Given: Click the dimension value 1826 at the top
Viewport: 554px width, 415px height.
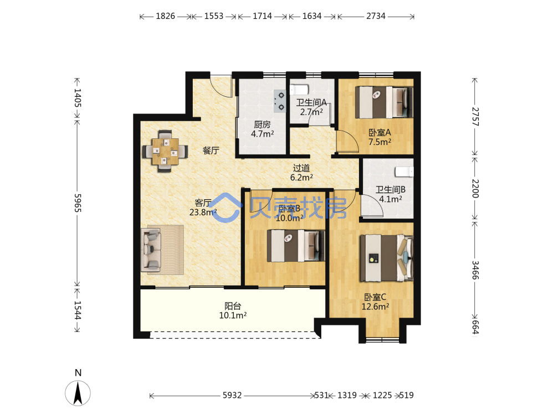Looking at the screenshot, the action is pyautogui.click(x=165, y=16).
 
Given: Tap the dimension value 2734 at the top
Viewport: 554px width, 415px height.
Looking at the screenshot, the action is pyautogui.click(x=376, y=16).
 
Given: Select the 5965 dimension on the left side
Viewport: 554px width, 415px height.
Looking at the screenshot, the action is pyautogui.click(x=78, y=203).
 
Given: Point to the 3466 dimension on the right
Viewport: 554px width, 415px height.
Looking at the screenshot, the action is pyautogui.click(x=475, y=270).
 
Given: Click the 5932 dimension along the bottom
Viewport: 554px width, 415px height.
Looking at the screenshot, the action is pyautogui.click(x=232, y=395).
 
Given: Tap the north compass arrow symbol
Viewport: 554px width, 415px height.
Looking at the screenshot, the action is pyautogui.click(x=78, y=393).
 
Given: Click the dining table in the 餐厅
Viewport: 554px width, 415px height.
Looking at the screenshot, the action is pyautogui.click(x=165, y=152).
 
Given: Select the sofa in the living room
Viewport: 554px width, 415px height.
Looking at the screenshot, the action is pyautogui.click(x=151, y=250).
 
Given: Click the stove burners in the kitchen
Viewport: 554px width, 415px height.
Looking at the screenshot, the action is pyautogui.click(x=280, y=101).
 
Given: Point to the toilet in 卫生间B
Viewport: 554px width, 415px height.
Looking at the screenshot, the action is pyautogui.click(x=404, y=172).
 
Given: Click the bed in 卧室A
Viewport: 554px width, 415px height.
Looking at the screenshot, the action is pyautogui.click(x=384, y=102).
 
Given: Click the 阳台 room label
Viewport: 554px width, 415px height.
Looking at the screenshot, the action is pyautogui.click(x=233, y=305).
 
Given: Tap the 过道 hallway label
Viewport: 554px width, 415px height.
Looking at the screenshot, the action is pyautogui.click(x=301, y=168).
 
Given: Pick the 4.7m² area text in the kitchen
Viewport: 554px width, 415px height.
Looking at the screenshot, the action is pyautogui.click(x=263, y=134).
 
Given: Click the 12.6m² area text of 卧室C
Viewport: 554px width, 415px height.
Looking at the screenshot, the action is pyautogui.click(x=375, y=307).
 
